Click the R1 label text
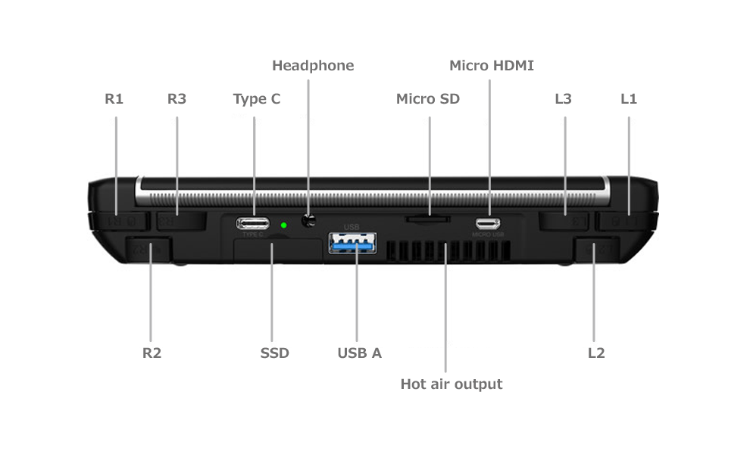click(114, 99)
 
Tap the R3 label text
click(177, 99)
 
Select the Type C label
click(256, 99)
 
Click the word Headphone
click(313, 66)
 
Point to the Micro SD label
click(427, 99)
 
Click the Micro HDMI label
click(491, 66)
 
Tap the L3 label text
click(563, 99)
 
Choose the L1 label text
click(629, 99)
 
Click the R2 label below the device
click(152, 353)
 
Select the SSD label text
click(274, 353)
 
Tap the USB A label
click(359, 353)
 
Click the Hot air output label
click(451, 384)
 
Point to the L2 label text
click(596, 353)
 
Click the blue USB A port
click(352, 243)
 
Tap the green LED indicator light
click(283, 225)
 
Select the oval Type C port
click(252, 223)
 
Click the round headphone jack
click(308, 220)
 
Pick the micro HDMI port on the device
click(488, 223)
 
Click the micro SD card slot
click(427, 219)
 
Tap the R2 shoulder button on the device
click(148, 249)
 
